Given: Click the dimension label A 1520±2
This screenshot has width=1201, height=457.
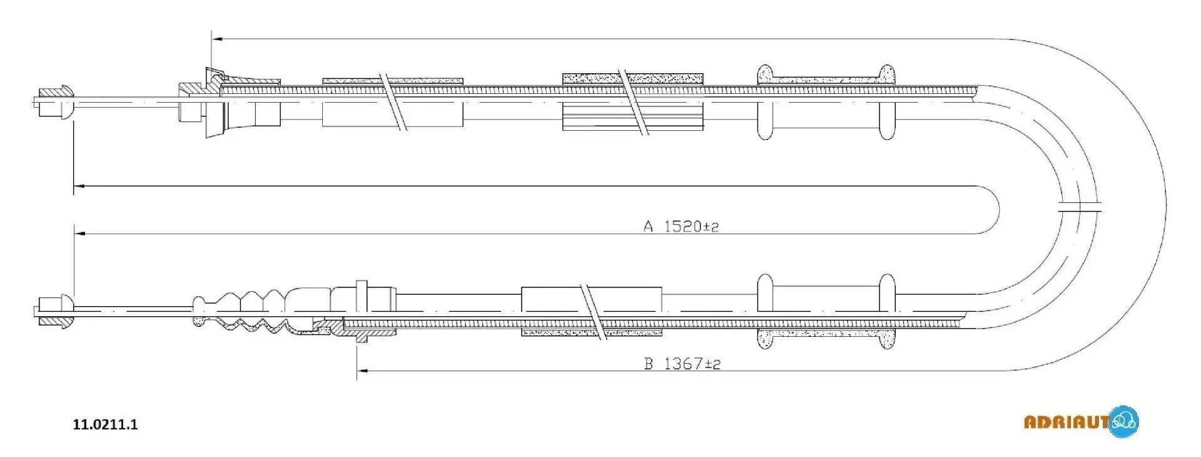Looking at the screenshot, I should click(681, 226).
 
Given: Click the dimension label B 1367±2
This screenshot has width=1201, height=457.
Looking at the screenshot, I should click(682, 364).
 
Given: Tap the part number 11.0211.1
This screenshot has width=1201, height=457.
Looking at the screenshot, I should click(105, 424).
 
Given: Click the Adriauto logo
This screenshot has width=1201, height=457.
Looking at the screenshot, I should click(1081, 421).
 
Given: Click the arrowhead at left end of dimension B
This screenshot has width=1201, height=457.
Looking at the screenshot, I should click(362, 371).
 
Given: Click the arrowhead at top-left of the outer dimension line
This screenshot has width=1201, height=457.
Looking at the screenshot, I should click(216, 39).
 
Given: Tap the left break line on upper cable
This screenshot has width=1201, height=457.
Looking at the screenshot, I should click(394, 101).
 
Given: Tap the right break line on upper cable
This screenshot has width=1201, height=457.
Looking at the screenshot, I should click(633, 101).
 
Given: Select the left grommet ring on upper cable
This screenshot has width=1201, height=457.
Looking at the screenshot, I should click(764, 101).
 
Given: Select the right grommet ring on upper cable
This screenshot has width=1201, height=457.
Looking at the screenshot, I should click(886, 101).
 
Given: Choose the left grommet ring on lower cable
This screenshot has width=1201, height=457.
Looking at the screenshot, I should click(764, 311).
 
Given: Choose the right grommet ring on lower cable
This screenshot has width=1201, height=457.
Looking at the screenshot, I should click(886, 311).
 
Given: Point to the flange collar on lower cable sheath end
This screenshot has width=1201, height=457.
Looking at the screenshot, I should click(360, 311).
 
